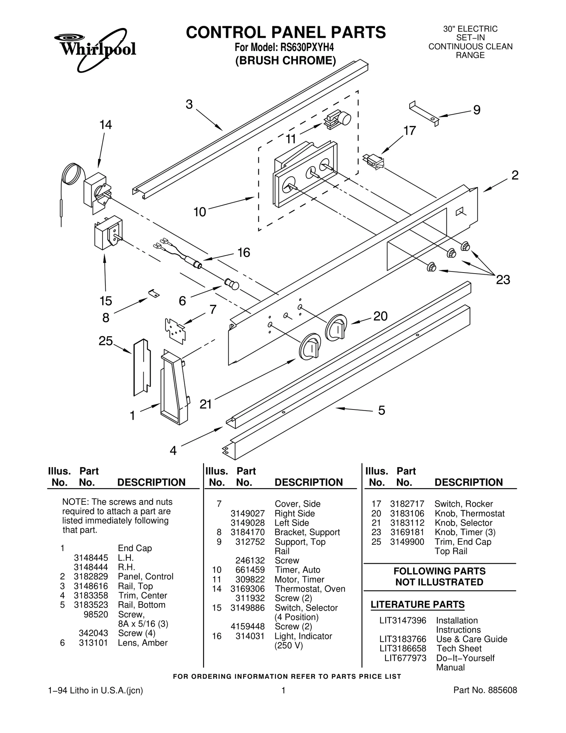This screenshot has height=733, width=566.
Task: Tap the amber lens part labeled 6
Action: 232,284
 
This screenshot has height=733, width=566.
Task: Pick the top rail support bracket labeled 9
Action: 424,113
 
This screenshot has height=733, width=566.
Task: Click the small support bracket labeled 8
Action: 154,293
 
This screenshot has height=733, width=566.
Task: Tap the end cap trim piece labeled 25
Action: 142,367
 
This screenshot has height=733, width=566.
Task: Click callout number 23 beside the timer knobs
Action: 503,280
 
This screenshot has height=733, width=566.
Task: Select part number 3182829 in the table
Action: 91,577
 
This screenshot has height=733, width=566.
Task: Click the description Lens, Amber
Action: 143,643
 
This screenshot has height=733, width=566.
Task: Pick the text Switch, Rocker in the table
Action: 463,504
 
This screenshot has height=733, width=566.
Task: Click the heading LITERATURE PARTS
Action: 417,605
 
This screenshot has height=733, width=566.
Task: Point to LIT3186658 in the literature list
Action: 403,648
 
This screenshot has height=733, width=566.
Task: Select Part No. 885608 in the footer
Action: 485,690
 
